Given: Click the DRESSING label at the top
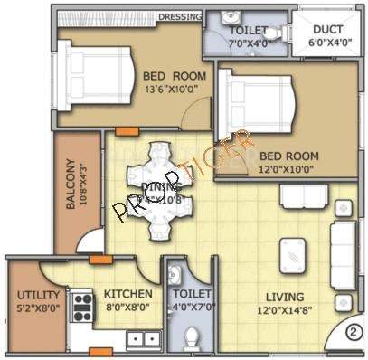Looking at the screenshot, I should (x=179, y=16).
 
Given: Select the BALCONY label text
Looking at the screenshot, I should (x=70, y=185).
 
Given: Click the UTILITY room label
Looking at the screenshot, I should (x=38, y=296).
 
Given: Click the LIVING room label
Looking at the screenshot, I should (x=284, y=297).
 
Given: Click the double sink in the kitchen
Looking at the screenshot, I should (x=140, y=340).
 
